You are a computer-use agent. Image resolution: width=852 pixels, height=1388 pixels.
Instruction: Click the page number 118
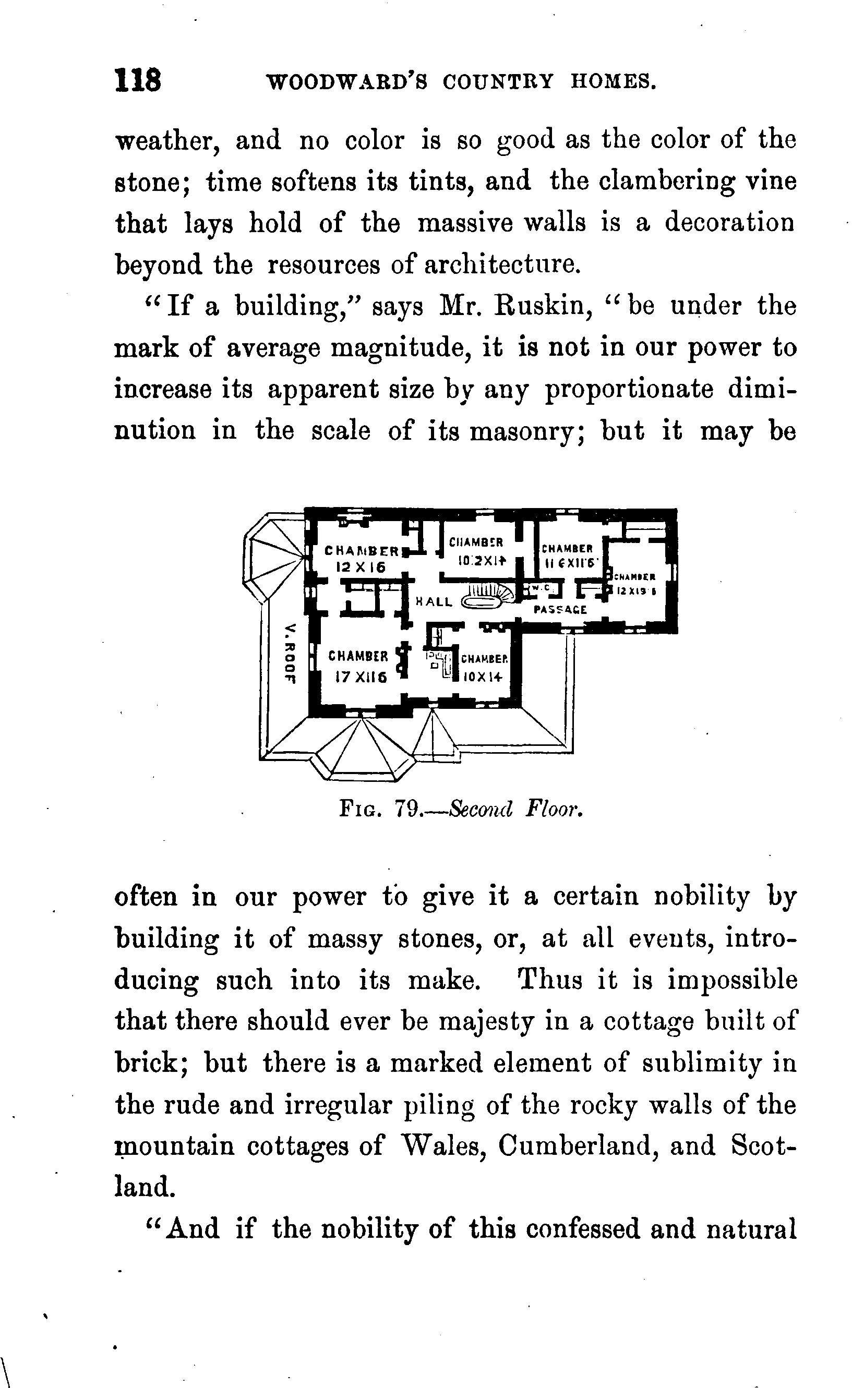[x=138, y=80]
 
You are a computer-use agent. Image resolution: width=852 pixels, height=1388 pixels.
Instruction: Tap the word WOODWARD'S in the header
[x=346, y=82]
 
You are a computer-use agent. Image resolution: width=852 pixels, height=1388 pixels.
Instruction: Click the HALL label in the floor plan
[x=434, y=601]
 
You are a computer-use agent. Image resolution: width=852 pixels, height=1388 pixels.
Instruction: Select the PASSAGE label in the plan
[x=560, y=610]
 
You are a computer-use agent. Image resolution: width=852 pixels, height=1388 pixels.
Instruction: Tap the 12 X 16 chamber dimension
[x=361, y=568]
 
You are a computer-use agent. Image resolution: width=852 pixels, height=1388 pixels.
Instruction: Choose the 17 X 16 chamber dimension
[x=361, y=677]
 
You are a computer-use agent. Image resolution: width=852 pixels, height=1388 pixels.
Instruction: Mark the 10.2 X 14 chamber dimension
[x=482, y=561]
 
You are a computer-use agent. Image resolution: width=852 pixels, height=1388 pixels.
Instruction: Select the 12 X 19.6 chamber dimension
[x=635, y=591]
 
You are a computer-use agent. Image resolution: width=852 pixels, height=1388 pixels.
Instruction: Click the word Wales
[x=441, y=1146]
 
